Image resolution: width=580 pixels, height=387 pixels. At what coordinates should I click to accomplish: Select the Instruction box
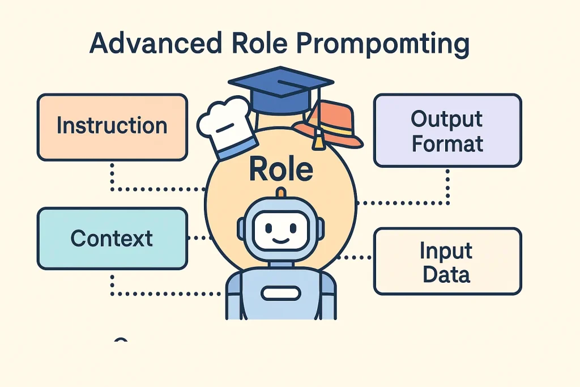coord(112,126)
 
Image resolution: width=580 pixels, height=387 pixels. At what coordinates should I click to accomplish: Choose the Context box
coord(112,238)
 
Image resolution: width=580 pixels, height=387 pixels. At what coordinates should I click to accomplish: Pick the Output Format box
coord(447,130)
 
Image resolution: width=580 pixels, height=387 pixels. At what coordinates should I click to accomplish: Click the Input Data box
coord(447,262)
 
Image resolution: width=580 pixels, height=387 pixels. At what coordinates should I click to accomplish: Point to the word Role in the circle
coord(281,168)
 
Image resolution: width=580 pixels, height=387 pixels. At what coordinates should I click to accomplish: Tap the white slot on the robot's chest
coord(280,294)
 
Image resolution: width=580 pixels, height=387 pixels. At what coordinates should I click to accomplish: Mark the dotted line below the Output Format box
coord(447,184)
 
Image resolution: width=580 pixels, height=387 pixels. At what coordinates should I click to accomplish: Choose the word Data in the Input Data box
coord(447,274)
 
